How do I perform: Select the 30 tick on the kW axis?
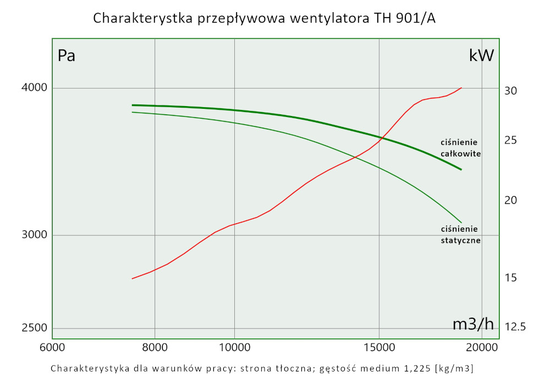pyautogui.click(x=510, y=91)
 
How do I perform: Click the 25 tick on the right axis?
pyautogui.click(x=510, y=141)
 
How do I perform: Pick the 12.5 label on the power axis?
pyautogui.click(x=515, y=327)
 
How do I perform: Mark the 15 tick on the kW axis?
pyautogui.click(x=510, y=278)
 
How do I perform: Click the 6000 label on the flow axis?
pyautogui.click(x=52, y=347)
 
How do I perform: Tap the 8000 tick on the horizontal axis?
pyautogui.click(x=155, y=347)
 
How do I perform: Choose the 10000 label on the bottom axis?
pyautogui.click(x=234, y=347)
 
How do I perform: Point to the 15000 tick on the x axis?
pyautogui.click(x=379, y=347)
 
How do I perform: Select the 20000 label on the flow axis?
pyautogui.click(x=482, y=347)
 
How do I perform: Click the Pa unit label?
pyautogui.click(x=67, y=56)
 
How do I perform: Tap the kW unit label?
pyautogui.click(x=481, y=56)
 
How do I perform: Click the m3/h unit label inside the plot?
pyautogui.click(x=473, y=324)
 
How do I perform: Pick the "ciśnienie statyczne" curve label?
pyautogui.click(x=461, y=235)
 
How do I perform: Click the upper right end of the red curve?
pyautogui.click(x=461, y=88)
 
